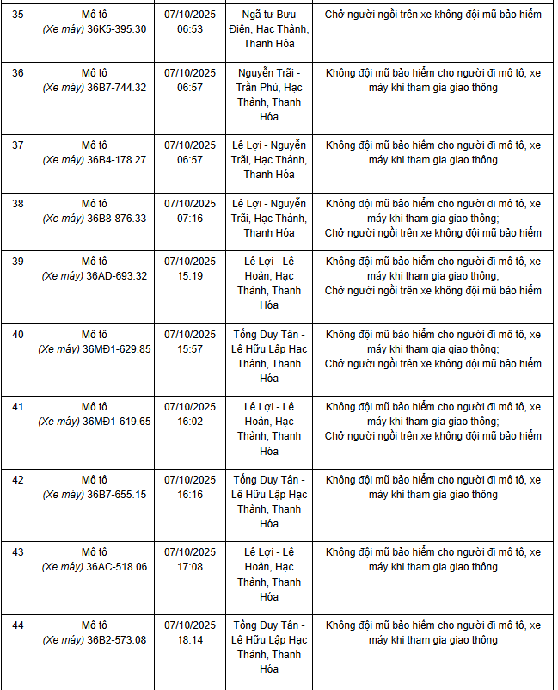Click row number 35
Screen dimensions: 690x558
click(17, 15)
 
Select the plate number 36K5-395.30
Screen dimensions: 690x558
click(117, 29)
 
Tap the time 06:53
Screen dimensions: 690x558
click(190, 29)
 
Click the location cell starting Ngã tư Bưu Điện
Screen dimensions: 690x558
click(269, 29)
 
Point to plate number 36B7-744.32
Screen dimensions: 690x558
click(117, 88)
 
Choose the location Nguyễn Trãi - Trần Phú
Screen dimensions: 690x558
click(269, 95)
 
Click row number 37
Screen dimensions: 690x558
click(17, 145)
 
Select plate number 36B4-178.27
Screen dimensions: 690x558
click(117, 160)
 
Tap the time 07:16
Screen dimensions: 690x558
click(190, 219)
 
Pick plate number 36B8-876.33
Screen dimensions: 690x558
click(117, 219)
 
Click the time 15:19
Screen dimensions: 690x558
click(190, 276)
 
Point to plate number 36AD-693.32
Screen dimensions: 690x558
click(117, 276)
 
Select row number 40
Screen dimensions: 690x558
click(17, 335)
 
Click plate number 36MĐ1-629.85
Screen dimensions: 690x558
click(117, 349)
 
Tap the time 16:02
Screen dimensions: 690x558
click(190, 422)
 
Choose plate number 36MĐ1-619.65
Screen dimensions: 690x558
click(117, 422)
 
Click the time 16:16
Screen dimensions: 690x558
click(190, 495)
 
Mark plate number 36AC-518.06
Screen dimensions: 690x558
click(117, 567)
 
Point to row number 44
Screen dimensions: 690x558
click(17, 625)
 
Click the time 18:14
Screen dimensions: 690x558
click(190, 640)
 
